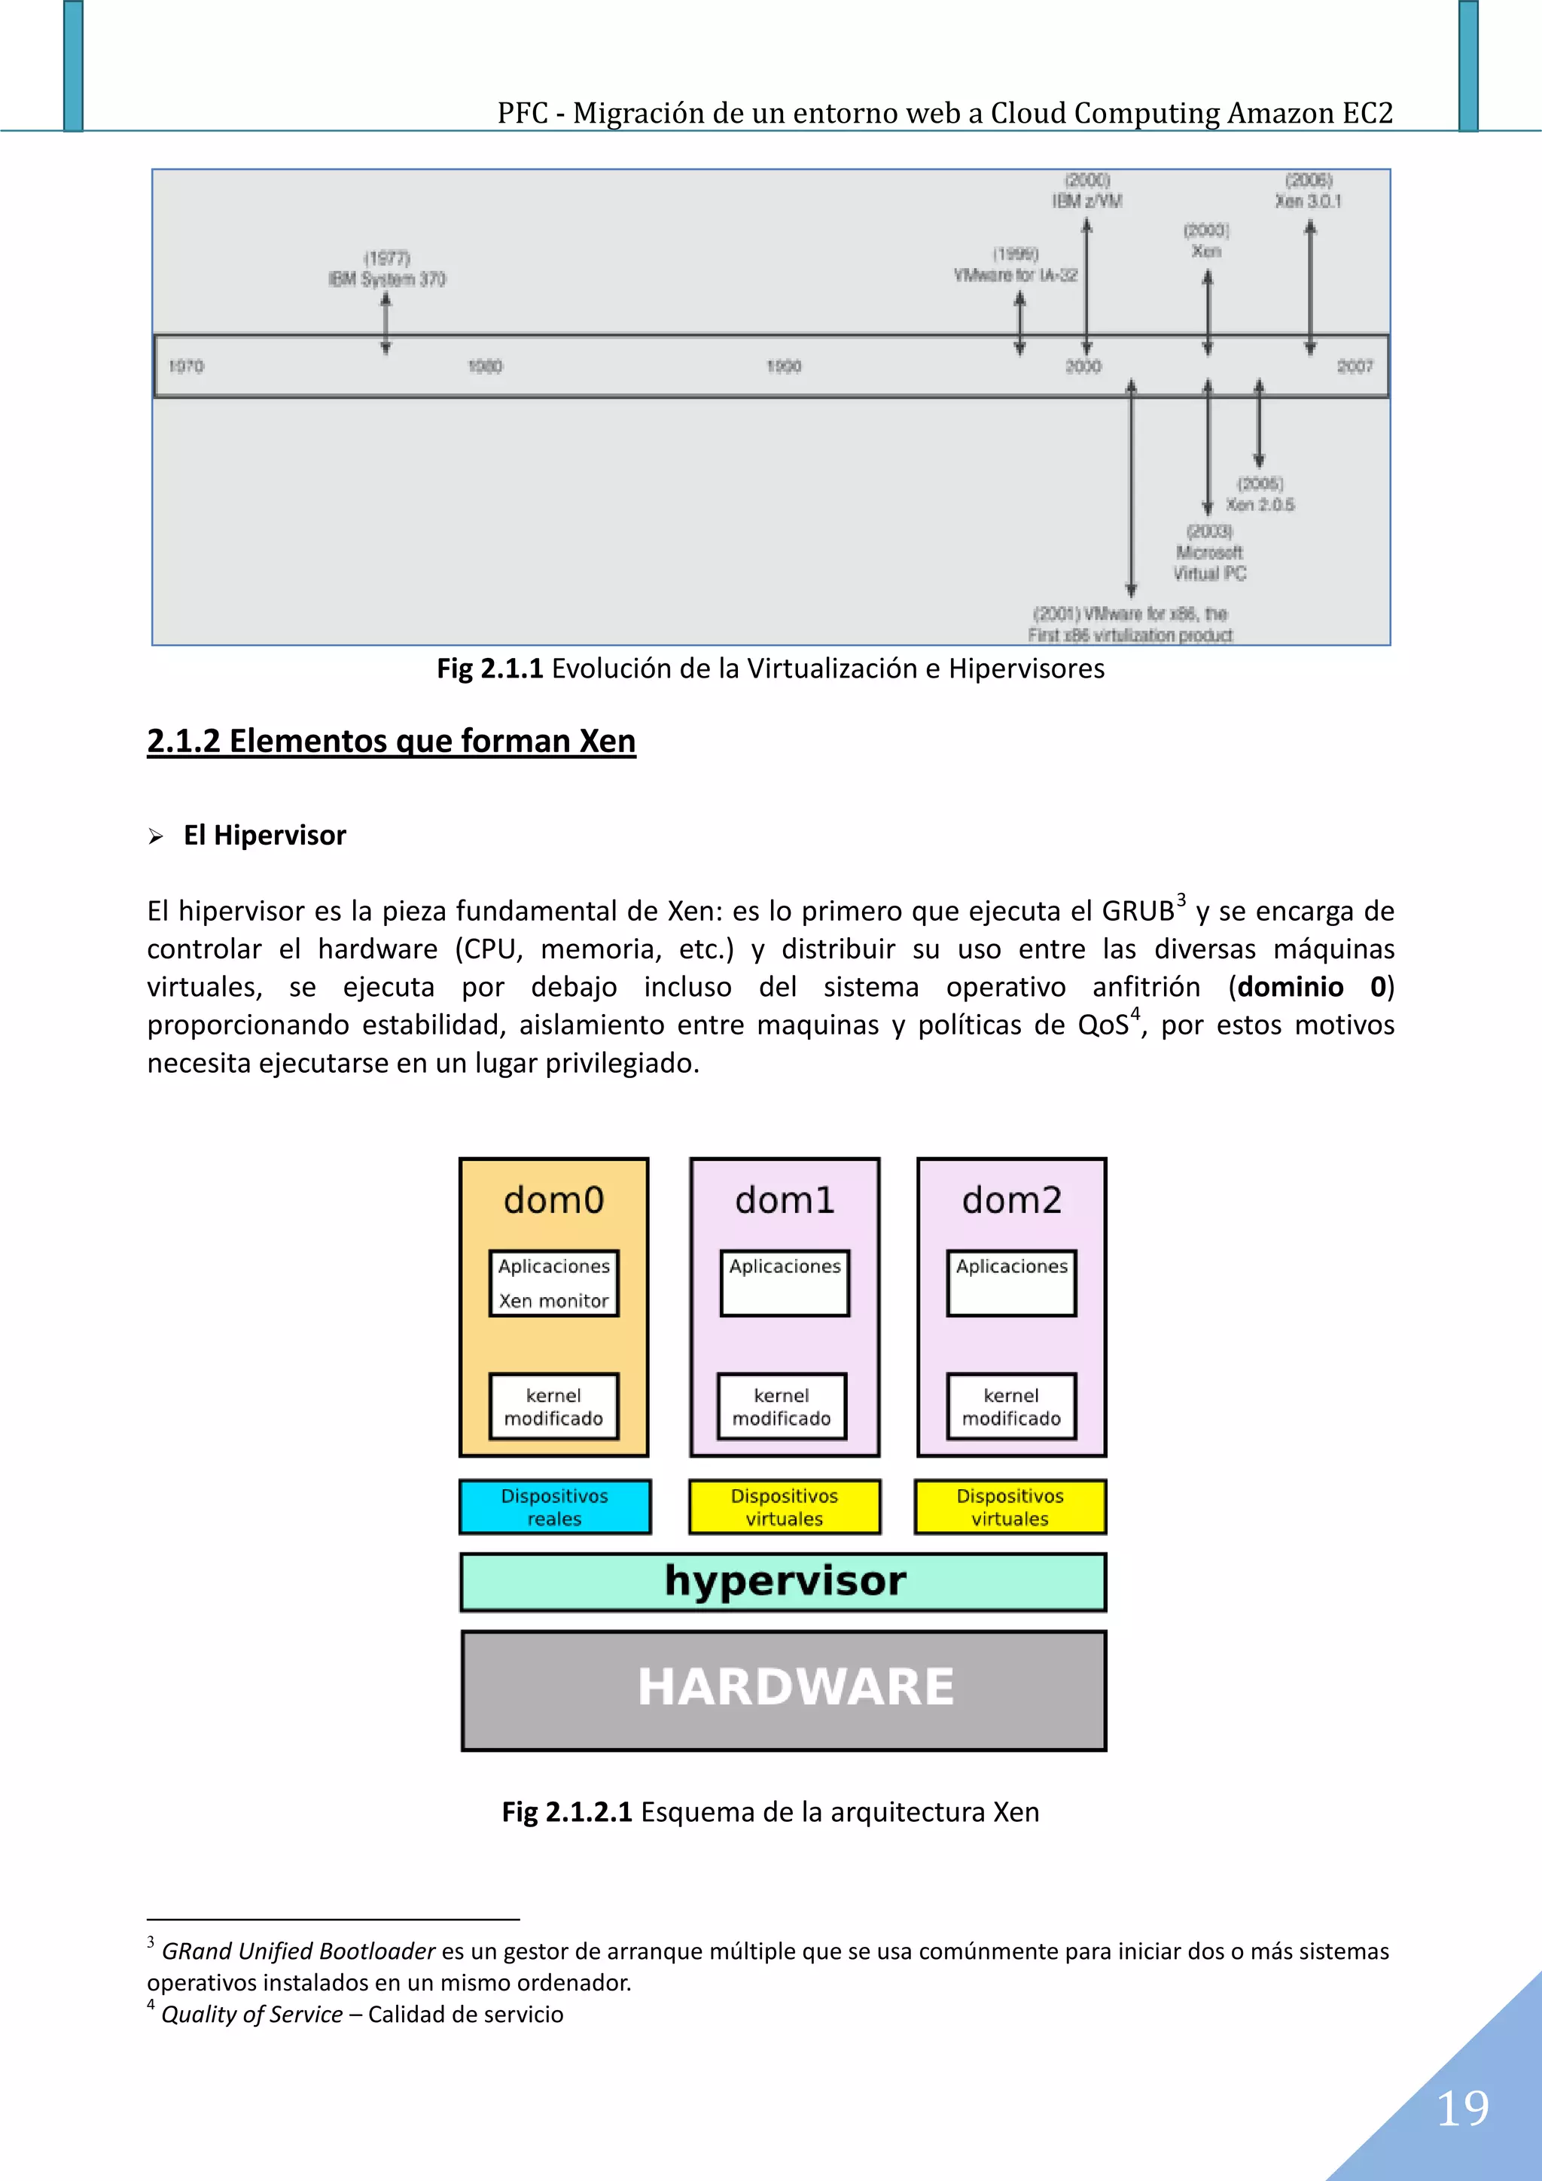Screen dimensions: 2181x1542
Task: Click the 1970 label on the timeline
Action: (x=186, y=367)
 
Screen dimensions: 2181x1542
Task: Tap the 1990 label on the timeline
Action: (x=784, y=367)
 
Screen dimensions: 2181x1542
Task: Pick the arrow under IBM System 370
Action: (x=385, y=323)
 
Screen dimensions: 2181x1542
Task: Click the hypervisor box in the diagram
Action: (x=784, y=1582)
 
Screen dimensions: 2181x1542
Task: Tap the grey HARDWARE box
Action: (x=784, y=1690)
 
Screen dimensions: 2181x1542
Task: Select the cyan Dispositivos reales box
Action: (x=555, y=1506)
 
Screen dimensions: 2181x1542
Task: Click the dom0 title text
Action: (x=554, y=1201)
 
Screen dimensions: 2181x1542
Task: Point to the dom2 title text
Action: (x=1011, y=1201)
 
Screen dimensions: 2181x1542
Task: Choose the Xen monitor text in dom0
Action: (x=554, y=1300)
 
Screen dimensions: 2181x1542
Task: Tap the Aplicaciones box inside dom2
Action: (x=1011, y=1282)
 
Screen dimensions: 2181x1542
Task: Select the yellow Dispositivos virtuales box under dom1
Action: (x=785, y=1506)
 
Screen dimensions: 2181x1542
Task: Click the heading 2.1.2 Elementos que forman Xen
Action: (x=391, y=741)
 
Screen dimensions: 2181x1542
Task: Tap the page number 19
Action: (x=1462, y=2109)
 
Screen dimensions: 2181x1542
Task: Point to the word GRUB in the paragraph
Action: (x=1137, y=912)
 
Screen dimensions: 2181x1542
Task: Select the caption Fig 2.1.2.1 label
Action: (x=566, y=1811)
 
